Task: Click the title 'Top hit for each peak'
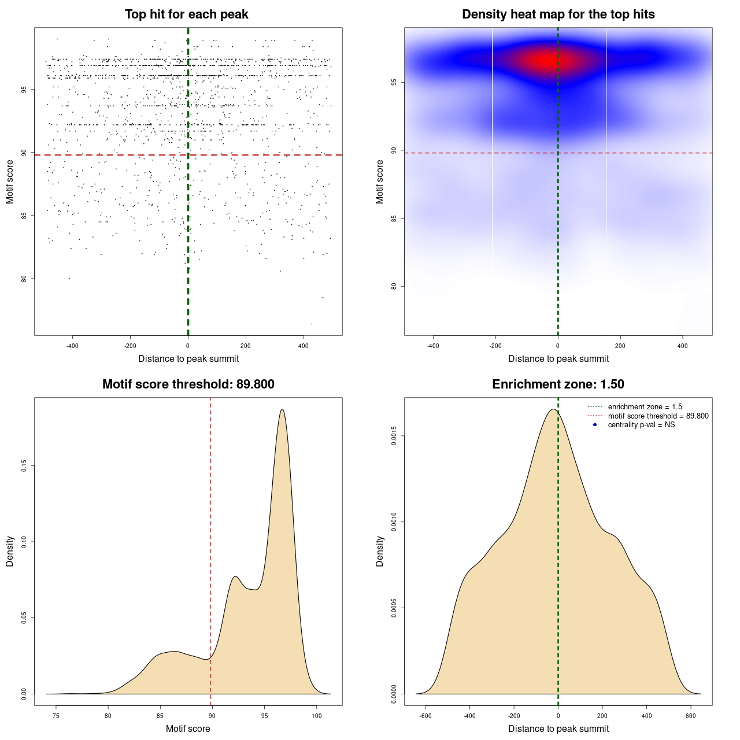click(x=186, y=14)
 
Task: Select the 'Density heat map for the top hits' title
click(x=558, y=14)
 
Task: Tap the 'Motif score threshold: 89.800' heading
click(x=188, y=384)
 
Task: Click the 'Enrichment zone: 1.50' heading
click(x=558, y=384)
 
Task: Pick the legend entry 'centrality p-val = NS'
click(x=641, y=425)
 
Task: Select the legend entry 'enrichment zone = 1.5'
click(x=645, y=407)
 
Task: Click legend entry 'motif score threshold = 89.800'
click(x=658, y=416)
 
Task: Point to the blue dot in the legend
click(x=595, y=425)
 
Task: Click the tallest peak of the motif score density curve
click(x=282, y=409)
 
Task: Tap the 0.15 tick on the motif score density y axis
click(x=24, y=466)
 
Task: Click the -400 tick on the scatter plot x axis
click(x=72, y=346)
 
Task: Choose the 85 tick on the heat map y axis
click(x=394, y=218)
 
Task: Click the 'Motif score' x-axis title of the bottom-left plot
click(x=188, y=729)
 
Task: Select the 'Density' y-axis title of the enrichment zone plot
click(x=380, y=551)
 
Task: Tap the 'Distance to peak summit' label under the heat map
click(x=558, y=359)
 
